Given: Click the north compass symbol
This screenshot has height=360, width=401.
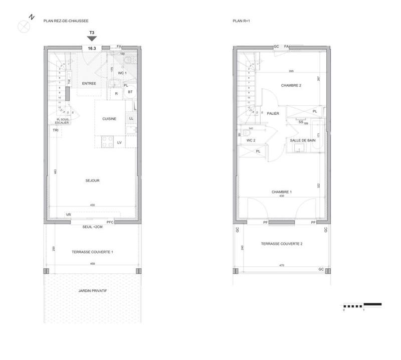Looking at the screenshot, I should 24,25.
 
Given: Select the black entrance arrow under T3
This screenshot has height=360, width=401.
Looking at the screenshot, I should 92,39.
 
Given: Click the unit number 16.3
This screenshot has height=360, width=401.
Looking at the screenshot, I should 92,48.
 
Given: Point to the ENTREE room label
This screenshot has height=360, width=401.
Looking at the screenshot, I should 89,83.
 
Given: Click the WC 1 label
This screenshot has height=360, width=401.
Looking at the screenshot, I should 123,73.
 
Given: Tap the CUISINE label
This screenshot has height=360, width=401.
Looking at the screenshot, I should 109,119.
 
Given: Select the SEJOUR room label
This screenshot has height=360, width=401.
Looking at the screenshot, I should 92,181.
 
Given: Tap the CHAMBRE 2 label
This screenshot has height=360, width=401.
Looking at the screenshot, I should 291,85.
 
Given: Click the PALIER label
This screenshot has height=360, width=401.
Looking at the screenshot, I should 273,113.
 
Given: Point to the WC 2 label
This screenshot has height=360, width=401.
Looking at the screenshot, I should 251,140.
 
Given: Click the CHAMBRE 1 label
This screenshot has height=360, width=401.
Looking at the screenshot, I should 282,192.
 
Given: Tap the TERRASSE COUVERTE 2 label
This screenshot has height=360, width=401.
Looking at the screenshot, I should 281,244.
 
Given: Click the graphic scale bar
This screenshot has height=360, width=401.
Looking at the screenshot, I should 362,305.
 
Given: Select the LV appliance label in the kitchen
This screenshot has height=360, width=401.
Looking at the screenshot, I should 120,143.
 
